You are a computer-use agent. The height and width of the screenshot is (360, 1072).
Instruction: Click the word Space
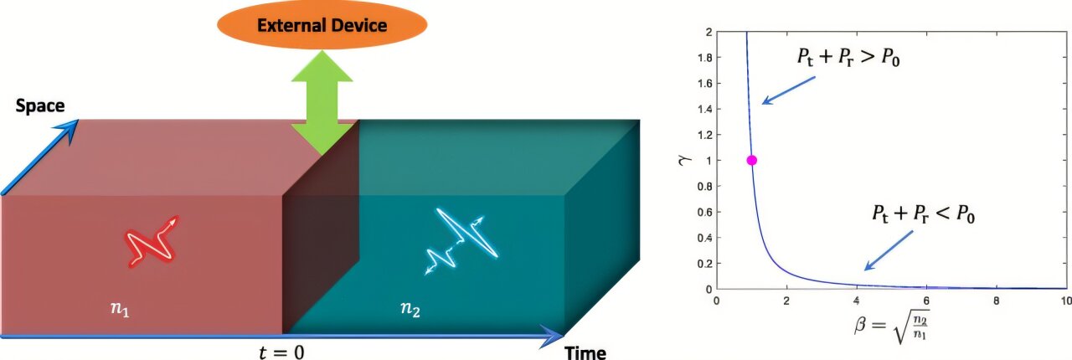pos(39,106)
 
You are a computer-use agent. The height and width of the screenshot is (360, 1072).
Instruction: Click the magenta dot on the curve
pos(751,160)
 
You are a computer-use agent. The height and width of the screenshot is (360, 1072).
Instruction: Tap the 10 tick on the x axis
pos(1064,300)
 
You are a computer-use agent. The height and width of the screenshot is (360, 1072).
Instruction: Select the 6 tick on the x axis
pos(925,300)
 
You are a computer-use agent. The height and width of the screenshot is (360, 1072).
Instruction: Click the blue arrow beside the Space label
pos(42,154)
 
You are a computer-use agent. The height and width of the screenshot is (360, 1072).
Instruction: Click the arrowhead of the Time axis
pos(554,337)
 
